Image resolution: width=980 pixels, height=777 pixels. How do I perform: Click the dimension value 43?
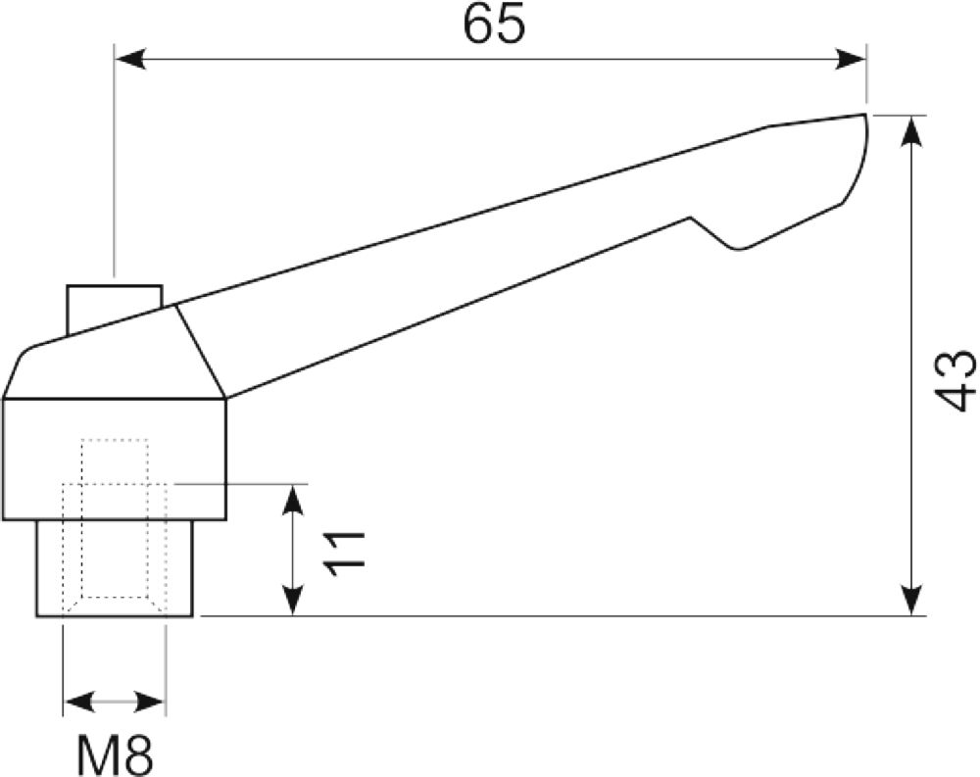[x=957, y=380]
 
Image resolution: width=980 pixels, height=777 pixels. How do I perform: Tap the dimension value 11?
[x=344, y=554]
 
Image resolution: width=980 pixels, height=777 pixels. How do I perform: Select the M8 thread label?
[x=115, y=754]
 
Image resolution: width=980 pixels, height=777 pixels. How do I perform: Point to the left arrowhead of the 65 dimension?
[x=130, y=60]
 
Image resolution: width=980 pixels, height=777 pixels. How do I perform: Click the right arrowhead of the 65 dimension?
[x=851, y=60]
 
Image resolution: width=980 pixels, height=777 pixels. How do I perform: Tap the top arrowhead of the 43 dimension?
[x=912, y=131]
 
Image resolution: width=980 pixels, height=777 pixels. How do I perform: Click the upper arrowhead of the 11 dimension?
[x=293, y=500]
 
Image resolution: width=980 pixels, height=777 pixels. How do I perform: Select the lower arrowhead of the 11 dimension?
[x=293, y=601]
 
